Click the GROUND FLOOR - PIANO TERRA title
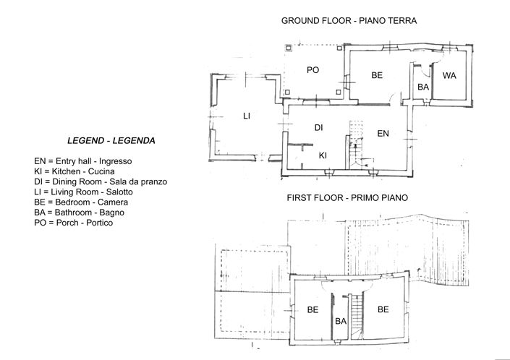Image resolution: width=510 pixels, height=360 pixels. (349, 21)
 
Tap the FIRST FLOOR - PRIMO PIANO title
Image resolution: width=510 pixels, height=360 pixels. (347, 197)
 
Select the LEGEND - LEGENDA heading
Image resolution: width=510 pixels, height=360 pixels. (111, 140)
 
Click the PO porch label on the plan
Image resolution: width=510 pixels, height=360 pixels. (313, 70)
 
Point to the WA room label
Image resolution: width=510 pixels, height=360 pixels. (449, 75)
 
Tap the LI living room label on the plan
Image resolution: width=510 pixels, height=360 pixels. (246, 116)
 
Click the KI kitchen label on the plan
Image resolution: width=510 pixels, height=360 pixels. (324, 155)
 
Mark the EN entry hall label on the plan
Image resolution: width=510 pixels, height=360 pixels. (383, 134)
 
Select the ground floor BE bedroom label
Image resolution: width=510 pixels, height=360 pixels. (377, 75)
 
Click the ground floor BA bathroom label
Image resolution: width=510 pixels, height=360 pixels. (423, 87)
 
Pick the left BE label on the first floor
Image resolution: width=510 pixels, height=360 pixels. (313, 309)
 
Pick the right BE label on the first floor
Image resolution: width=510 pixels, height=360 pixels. (383, 309)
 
